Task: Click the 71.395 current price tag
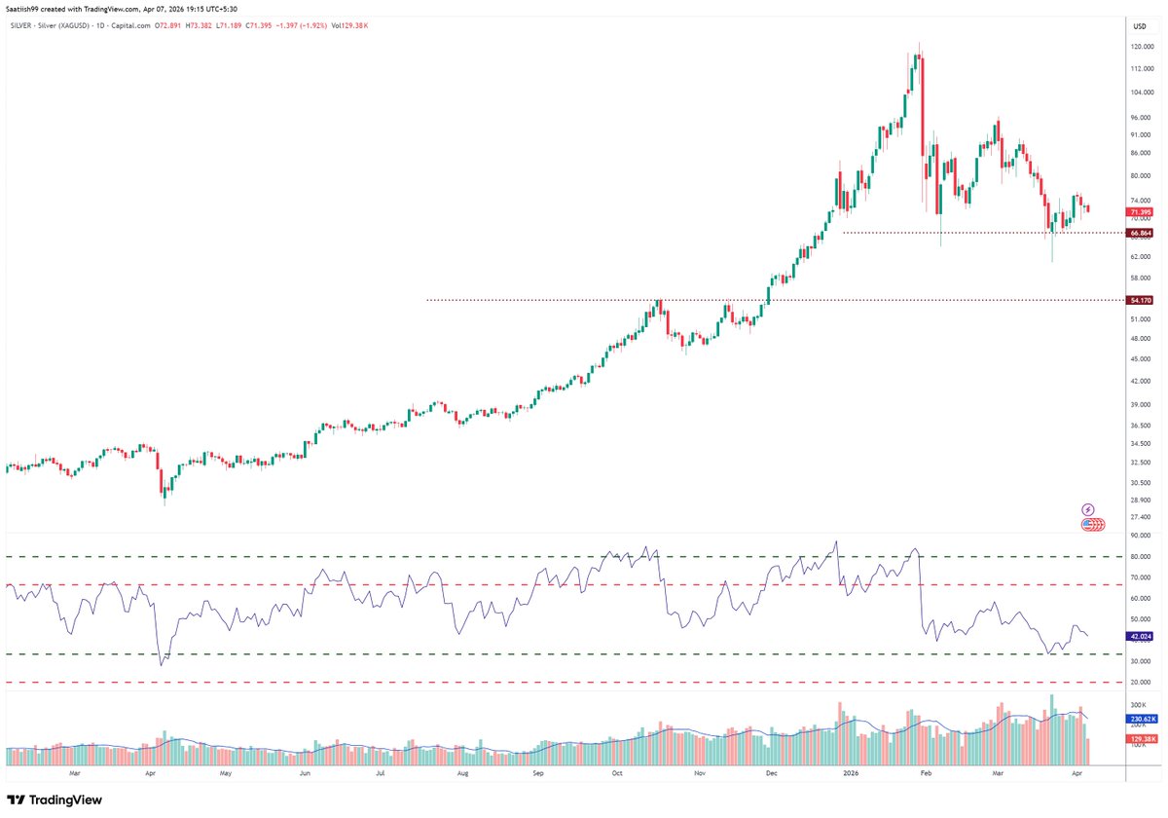point(1140,211)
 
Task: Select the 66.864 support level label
point(1140,234)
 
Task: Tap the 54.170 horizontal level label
point(1140,301)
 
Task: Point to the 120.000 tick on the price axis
point(1141,47)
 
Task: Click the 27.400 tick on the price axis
point(1140,517)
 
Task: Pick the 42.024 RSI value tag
point(1140,636)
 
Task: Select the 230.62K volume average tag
point(1140,720)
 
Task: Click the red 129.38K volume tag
point(1140,740)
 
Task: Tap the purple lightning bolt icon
point(1088,509)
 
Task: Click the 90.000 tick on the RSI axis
point(1140,536)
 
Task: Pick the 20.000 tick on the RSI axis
point(1140,683)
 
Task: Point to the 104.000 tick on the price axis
point(1141,93)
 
